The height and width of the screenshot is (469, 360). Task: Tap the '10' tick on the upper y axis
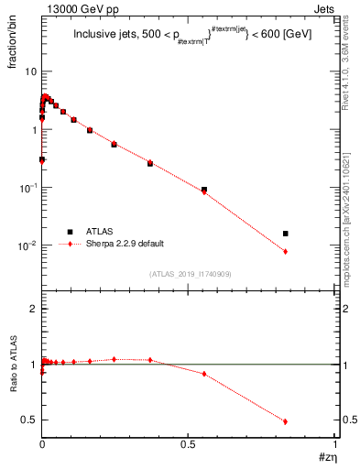click(x=29, y=71)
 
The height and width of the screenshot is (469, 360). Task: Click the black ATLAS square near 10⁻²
click(x=286, y=234)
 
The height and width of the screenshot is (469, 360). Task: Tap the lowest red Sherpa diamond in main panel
click(x=286, y=251)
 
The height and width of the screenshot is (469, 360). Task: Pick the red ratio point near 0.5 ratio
click(x=286, y=421)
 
